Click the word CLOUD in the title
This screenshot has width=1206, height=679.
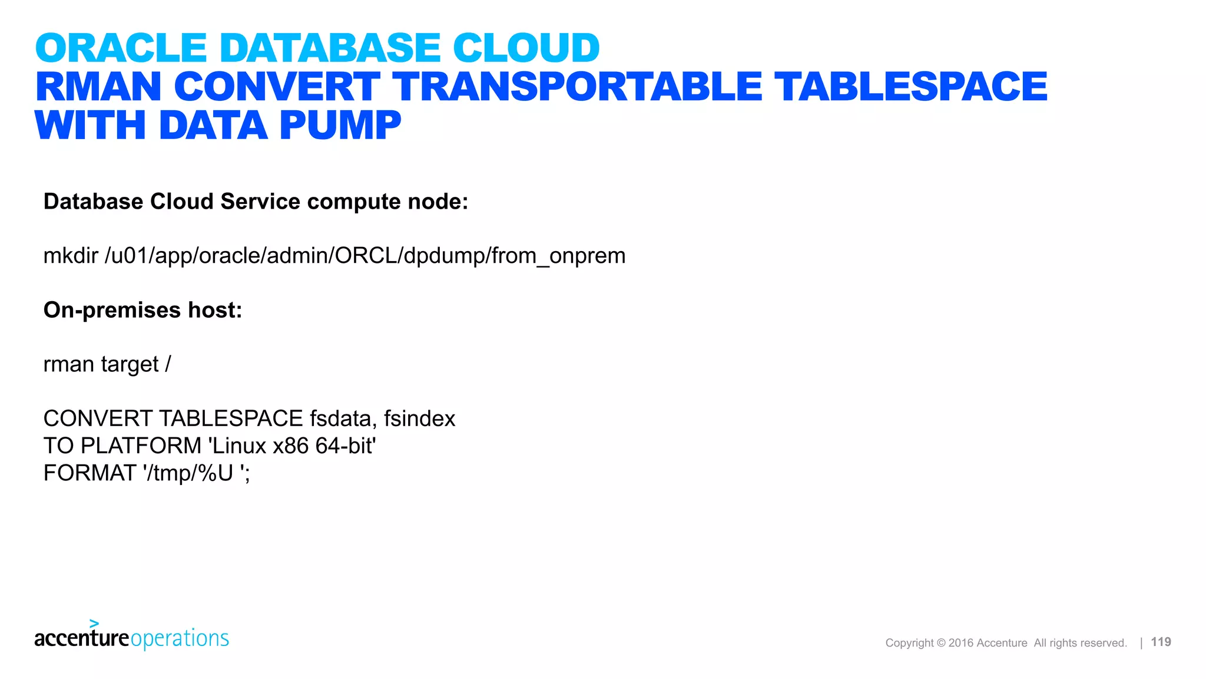(526, 48)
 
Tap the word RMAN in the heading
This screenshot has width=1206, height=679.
(98, 87)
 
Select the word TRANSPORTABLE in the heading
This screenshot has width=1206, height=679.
(577, 87)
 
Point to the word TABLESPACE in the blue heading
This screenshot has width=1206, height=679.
(910, 87)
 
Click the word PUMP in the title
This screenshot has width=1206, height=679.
(340, 126)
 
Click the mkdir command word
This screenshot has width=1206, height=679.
(71, 256)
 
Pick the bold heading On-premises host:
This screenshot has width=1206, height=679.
(143, 310)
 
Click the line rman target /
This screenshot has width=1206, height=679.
(107, 364)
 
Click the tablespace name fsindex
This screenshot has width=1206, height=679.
(419, 418)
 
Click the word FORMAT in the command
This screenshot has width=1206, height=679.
(90, 473)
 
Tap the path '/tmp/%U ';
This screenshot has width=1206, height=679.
(196, 473)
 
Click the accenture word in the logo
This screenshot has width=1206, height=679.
(81, 638)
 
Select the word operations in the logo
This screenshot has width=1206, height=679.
(180, 638)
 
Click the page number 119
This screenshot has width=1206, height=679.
(1161, 642)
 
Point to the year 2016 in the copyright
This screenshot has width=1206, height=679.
(960, 643)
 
